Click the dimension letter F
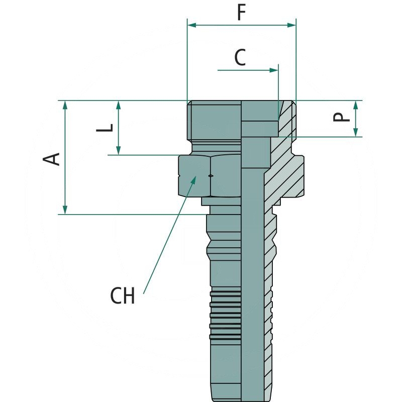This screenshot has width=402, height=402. pyautogui.click(x=241, y=14)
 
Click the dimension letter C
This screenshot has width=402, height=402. pyautogui.click(x=240, y=58)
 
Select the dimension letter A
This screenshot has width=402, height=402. pyautogui.click(x=52, y=158)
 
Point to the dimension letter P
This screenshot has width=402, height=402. pyautogui.click(x=342, y=118)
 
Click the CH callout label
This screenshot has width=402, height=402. pyautogui.click(x=123, y=296)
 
